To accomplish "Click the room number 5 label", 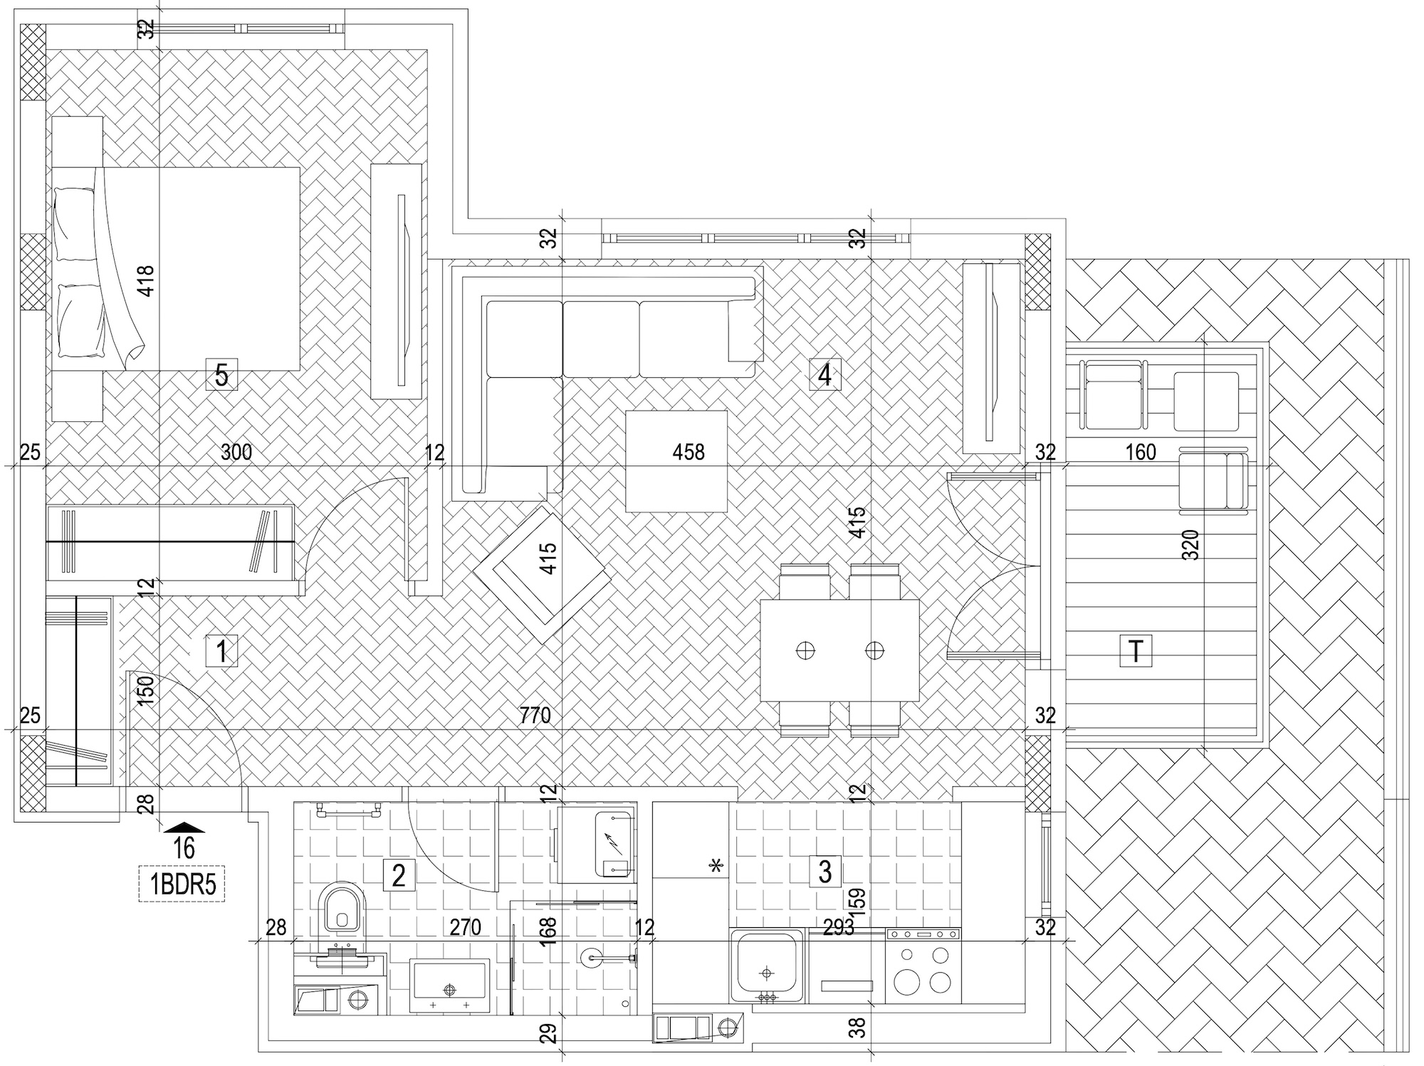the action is tap(221, 374).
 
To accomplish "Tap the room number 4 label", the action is tap(825, 374).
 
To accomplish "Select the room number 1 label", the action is tap(221, 651).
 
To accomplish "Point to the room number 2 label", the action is tap(399, 875).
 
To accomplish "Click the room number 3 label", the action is tap(825, 871).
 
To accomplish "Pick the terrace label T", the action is tap(1136, 650).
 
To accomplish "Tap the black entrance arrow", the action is tap(184, 826).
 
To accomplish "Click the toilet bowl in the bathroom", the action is tap(342, 909).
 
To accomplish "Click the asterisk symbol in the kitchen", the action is tap(716, 865).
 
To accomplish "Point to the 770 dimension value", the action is tap(535, 715).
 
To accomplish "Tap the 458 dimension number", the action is tap(689, 452).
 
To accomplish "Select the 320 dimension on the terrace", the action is tap(1190, 545).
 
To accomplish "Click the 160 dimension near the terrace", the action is tap(1141, 453).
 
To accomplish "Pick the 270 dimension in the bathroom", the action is tap(465, 927).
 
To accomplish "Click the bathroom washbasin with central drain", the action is tap(449, 986).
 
